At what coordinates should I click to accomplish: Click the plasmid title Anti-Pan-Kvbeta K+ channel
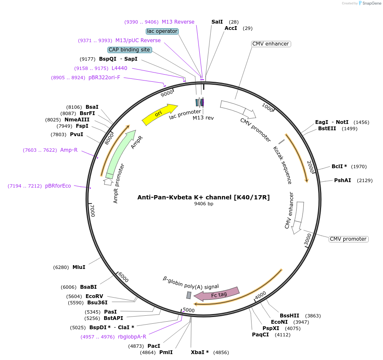point(204,197)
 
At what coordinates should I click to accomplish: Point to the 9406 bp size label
point(204,204)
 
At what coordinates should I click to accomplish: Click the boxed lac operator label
point(162,31)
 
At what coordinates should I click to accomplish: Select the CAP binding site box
point(129,50)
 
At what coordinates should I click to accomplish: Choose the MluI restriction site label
point(79,267)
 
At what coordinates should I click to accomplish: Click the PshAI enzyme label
point(343,180)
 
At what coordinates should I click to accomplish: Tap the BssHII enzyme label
point(289,315)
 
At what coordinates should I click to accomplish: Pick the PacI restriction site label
point(154,346)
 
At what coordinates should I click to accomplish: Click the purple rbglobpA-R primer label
point(132,337)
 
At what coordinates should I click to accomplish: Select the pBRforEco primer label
point(58,186)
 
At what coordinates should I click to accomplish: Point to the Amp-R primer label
point(69,150)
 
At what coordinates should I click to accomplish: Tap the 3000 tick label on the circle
point(308,239)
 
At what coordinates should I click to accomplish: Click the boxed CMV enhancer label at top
point(271,44)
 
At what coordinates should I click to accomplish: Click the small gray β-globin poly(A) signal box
point(189,295)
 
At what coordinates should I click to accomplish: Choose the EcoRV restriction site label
point(94,296)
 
